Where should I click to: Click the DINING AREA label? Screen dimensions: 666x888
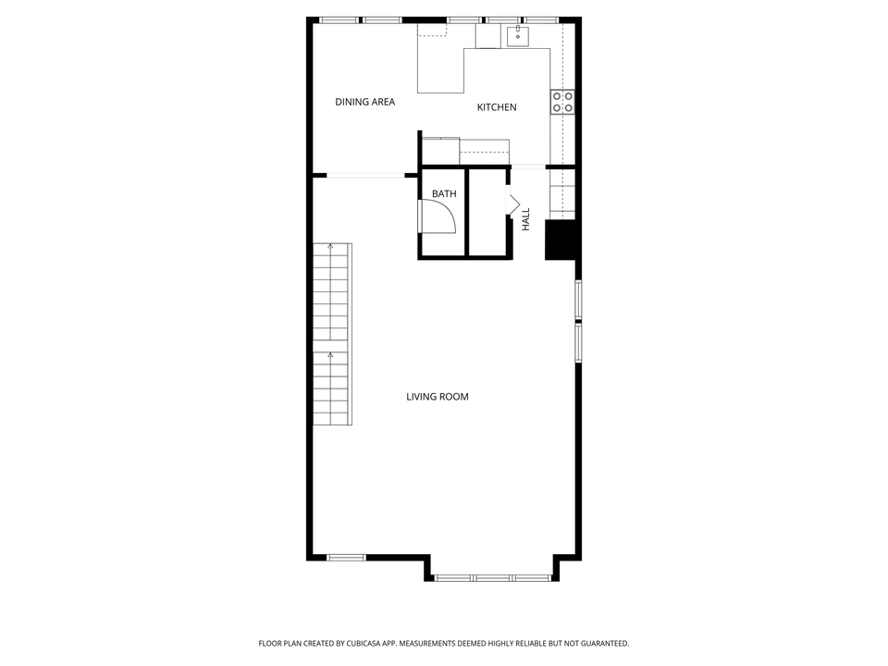(x=364, y=102)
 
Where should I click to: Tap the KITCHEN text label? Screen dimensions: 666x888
(x=497, y=107)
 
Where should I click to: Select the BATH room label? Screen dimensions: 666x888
(x=444, y=194)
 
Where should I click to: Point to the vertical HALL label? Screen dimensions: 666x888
(x=525, y=219)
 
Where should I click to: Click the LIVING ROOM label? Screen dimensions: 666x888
(x=438, y=397)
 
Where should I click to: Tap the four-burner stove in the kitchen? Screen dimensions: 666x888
(x=562, y=102)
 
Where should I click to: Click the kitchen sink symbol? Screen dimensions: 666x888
(x=517, y=36)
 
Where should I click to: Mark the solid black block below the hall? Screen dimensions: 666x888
(x=561, y=240)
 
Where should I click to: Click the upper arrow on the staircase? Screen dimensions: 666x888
(x=331, y=248)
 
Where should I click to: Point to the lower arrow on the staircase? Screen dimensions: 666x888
(x=331, y=355)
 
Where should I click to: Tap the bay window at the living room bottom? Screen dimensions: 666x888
(x=493, y=578)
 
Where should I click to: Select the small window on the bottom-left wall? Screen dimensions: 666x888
(x=347, y=557)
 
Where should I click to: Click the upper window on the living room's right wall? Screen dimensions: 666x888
(x=578, y=299)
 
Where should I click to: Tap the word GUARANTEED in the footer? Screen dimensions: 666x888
(x=601, y=643)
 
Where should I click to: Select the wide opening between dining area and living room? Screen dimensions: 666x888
(x=365, y=174)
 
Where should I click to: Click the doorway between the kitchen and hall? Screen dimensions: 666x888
(x=529, y=167)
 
